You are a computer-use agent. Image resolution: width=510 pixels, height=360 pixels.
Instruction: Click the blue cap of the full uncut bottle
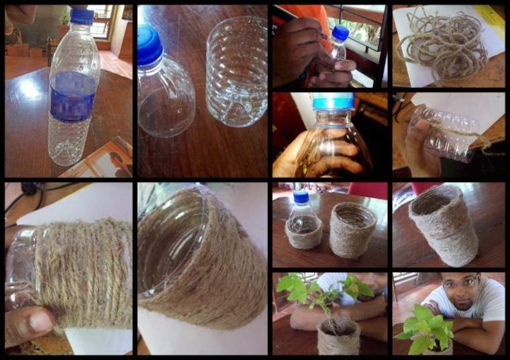tap(82, 15)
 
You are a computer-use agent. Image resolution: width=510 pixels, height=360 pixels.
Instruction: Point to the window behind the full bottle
tap(101, 20)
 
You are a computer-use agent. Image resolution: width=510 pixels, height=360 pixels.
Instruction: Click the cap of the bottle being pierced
tap(340, 32)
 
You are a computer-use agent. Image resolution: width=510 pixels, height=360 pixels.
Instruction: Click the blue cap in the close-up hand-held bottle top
tap(332, 101)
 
